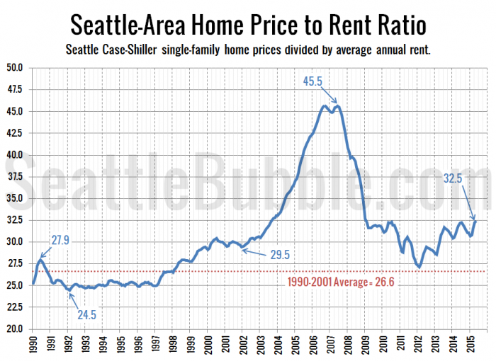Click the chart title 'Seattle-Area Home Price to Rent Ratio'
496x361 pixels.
[248, 25]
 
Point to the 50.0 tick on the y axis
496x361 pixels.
[15, 68]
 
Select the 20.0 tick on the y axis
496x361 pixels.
[15, 328]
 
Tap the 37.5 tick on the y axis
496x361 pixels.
[15, 176]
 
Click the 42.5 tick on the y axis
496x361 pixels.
[15, 133]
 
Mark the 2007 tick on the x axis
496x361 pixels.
[330, 345]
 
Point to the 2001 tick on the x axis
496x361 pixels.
[225, 345]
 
